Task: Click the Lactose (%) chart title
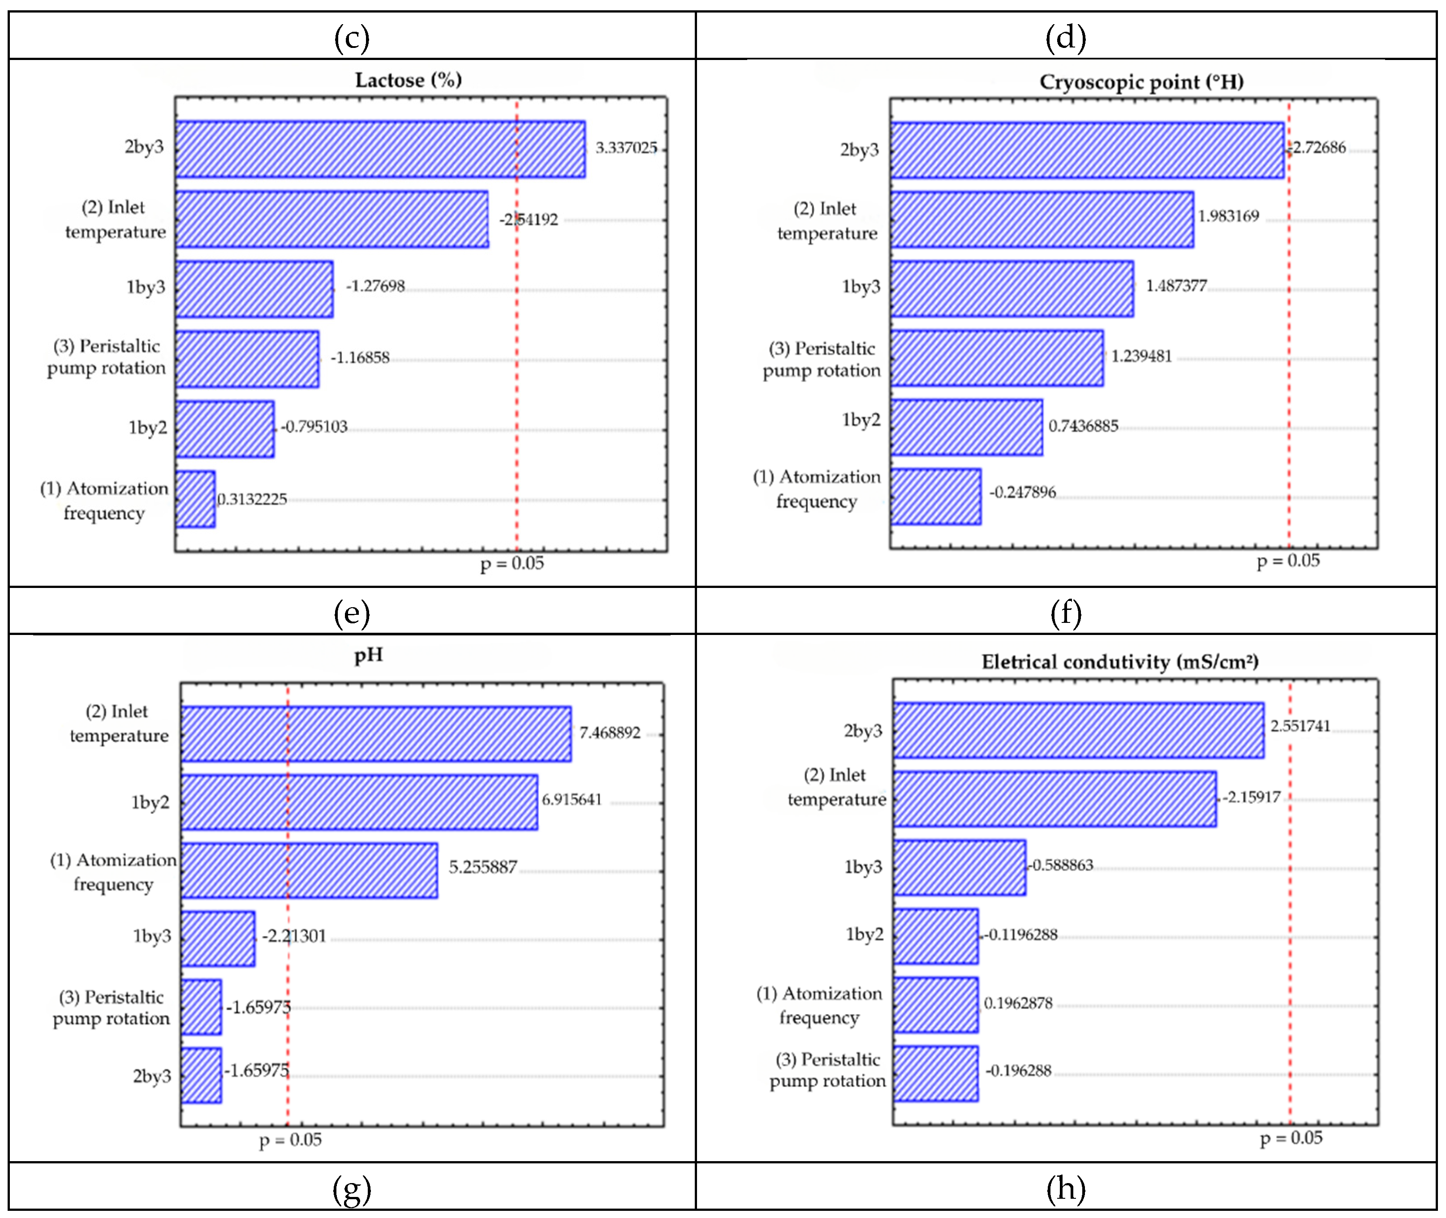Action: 408,80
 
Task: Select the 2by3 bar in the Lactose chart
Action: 380,149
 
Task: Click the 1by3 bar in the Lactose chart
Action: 254,289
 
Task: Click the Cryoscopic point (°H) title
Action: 1141,82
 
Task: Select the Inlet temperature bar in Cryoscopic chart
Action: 1041,219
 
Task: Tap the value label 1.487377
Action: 1176,286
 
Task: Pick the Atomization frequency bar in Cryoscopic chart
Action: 935,497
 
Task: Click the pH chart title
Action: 369,655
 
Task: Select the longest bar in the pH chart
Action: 376,733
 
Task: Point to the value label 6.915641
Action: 572,800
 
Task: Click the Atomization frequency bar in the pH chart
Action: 309,870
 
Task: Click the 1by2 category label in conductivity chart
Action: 865,935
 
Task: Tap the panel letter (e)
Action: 352,613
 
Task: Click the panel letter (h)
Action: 1066,1188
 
